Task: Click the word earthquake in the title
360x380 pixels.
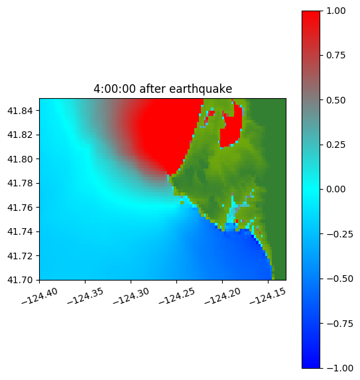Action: click(x=201, y=89)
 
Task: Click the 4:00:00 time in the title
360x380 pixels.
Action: click(x=115, y=89)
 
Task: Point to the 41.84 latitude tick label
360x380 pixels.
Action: click(x=20, y=111)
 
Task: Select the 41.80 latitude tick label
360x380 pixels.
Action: click(x=20, y=159)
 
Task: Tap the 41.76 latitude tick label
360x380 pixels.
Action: click(x=20, y=208)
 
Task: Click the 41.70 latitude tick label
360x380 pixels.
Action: click(x=20, y=280)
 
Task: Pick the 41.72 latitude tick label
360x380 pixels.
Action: click(x=20, y=256)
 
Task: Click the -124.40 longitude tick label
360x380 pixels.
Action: click(x=40, y=296)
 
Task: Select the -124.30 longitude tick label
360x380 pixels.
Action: click(x=131, y=296)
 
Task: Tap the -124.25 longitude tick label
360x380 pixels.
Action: click(x=176, y=296)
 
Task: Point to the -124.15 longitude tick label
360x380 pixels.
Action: click(x=268, y=296)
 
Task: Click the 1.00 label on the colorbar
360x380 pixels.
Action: click(x=335, y=11)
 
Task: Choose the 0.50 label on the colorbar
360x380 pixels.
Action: click(x=335, y=100)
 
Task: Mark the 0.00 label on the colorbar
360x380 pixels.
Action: click(x=335, y=189)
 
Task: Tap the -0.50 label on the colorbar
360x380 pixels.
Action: click(x=339, y=279)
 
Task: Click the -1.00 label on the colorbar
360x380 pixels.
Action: click(x=339, y=368)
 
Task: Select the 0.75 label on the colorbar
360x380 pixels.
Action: click(x=335, y=56)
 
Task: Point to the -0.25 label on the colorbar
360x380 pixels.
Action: click(x=339, y=234)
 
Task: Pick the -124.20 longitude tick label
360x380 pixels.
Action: click(x=222, y=296)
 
